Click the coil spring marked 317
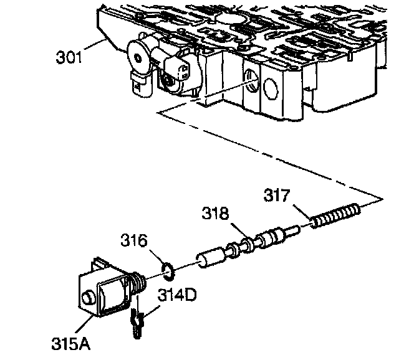point(336,215)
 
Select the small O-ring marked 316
point(167,269)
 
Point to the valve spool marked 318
point(249,244)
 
